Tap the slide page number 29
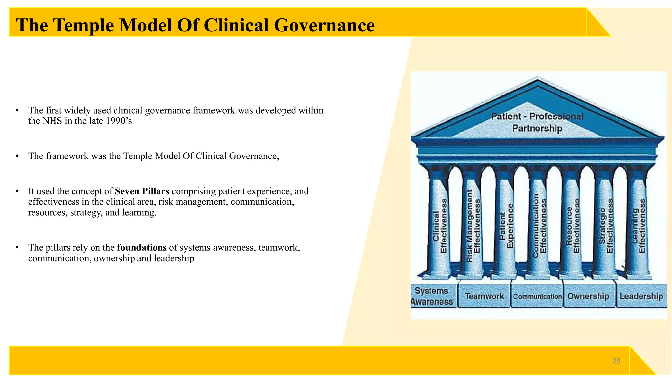click(x=616, y=361)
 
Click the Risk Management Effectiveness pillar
click(x=473, y=226)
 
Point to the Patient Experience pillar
click(x=506, y=226)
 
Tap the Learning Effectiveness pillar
click(x=639, y=226)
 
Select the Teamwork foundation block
click(x=484, y=296)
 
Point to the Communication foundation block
click(x=537, y=296)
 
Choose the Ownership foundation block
click(x=588, y=296)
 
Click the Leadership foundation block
click(x=641, y=296)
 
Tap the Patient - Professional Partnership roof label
click(x=537, y=122)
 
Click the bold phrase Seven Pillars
click(x=142, y=191)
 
